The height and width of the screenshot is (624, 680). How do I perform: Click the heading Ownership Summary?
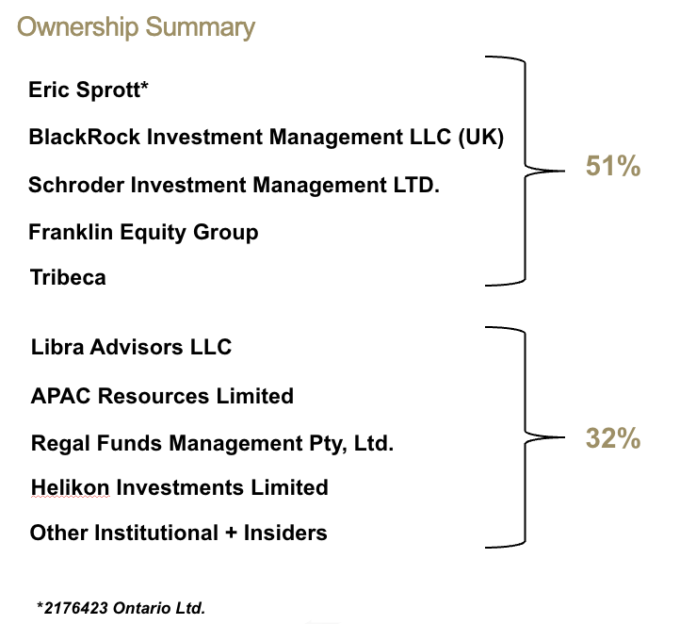136,26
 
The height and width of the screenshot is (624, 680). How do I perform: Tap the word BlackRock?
73,138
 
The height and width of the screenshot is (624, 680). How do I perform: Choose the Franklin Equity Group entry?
143,232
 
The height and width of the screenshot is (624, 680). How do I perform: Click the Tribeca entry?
67,278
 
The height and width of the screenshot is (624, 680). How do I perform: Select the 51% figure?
612,167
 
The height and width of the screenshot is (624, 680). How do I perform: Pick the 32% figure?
612,438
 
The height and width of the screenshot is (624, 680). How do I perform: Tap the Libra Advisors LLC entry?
131,347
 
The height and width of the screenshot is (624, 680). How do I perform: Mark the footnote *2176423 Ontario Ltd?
121,608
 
